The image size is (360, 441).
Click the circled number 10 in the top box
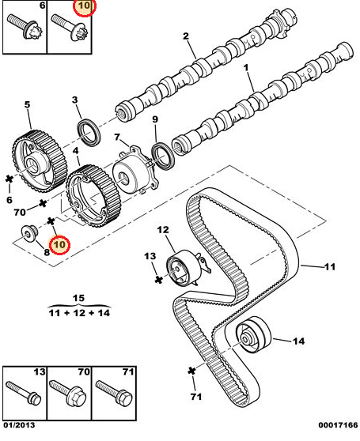coord(83,8)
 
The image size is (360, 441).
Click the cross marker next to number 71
coord(191,370)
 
